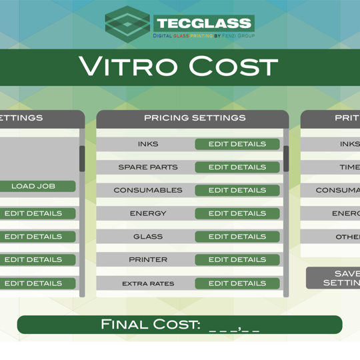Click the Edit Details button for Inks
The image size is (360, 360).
[x=237, y=144]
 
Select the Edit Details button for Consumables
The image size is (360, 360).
[x=237, y=190]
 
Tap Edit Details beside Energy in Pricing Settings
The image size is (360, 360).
[x=237, y=213]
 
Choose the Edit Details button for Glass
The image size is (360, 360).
[x=237, y=237]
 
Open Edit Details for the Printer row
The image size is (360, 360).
[x=237, y=260]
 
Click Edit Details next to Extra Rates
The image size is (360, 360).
[x=237, y=283]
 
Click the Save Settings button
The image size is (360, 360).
[x=333, y=278]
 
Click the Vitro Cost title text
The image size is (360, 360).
[x=178, y=66]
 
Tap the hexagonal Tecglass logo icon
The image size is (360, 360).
[x=127, y=25]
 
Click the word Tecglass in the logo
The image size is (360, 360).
[x=204, y=23]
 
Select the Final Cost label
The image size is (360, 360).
[x=151, y=324]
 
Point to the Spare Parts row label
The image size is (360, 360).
[x=148, y=167]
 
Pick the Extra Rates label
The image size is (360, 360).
[x=148, y=284]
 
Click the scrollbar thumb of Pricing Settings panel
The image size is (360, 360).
[x=286, y=159]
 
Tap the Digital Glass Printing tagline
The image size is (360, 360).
[x=204, y=36]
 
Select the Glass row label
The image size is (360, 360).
[x=148, y=237]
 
